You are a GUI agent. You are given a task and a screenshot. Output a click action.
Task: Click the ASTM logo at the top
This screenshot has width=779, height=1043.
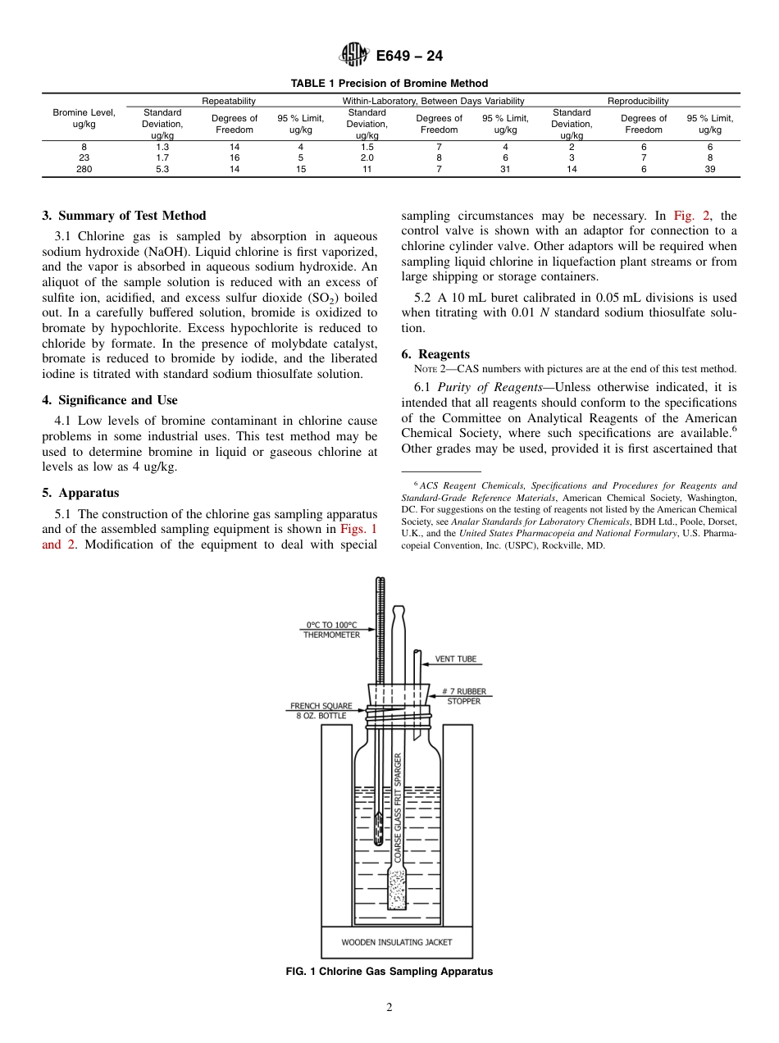coord(353,56)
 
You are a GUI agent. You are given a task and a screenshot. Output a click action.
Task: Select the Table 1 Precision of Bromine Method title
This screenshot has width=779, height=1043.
coord(389,83)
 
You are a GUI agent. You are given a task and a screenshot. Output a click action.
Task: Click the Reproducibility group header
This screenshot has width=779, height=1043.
coord(637,101)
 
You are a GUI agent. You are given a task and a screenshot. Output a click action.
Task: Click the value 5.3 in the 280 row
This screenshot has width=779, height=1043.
coord(162,169)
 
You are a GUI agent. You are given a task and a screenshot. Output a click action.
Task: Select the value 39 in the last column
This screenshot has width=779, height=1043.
coord(710,169)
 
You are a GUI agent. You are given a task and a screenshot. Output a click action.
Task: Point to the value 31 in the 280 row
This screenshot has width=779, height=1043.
coord(505,169)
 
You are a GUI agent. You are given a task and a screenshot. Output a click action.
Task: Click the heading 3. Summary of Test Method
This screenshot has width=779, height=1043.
coord(124,216)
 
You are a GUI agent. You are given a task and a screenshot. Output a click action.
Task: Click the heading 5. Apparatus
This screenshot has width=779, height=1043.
coord(80,493)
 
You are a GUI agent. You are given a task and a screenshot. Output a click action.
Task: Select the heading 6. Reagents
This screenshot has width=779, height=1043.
coord(435,354)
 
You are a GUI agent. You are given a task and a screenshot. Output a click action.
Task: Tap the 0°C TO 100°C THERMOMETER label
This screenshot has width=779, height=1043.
coord(331,629)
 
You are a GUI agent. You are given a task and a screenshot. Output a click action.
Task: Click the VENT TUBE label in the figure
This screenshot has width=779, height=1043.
coord(455,658)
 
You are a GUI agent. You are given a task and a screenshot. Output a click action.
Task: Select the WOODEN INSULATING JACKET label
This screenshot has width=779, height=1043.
coord(396,942)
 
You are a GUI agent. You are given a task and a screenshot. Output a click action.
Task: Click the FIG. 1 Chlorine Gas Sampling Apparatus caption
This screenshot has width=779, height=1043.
coord(389,972)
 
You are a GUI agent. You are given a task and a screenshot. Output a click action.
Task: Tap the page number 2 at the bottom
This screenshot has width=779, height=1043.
coord(389,1008)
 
